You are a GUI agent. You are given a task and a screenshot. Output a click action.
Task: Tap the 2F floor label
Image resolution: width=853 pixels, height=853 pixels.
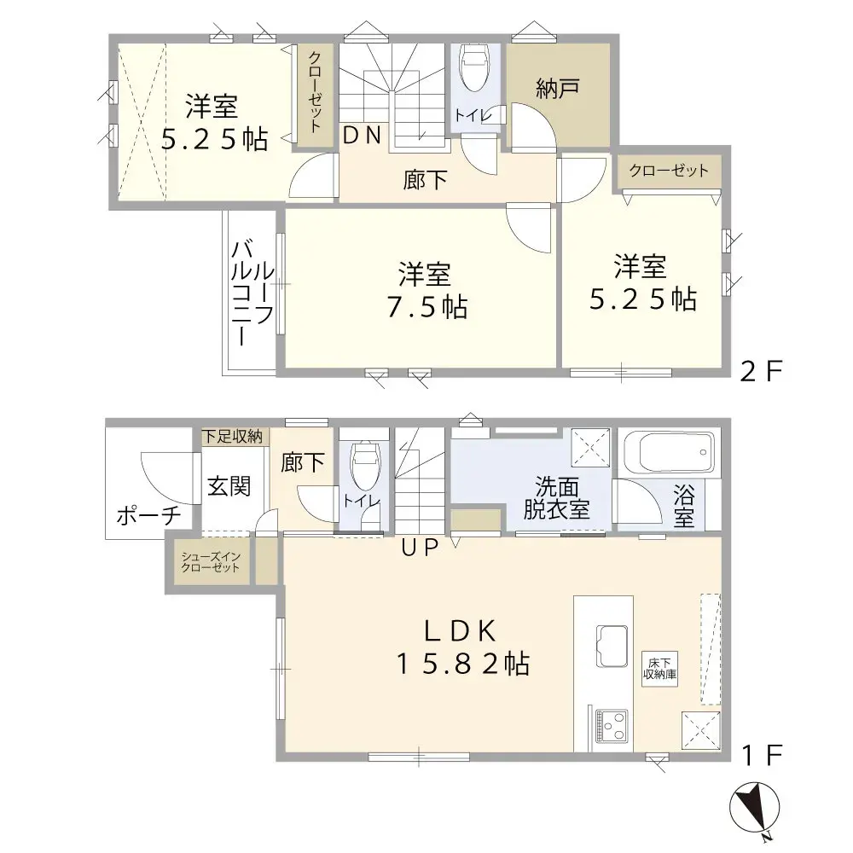pyautogui.click(x=760, y=372)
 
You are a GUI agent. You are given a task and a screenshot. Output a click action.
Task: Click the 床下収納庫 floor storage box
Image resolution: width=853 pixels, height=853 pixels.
pyautogui.click(x=659, y=668)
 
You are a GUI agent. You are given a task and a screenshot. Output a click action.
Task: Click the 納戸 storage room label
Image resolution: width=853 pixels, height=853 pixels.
pyautogui.click(x=559, y=90)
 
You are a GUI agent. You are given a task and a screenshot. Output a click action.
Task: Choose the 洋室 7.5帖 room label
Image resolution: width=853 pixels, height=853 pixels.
pyautogui.click(x=424, y=291)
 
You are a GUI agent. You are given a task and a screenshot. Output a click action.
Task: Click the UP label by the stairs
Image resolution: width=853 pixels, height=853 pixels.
pyautogui.click(x=420, y=548)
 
